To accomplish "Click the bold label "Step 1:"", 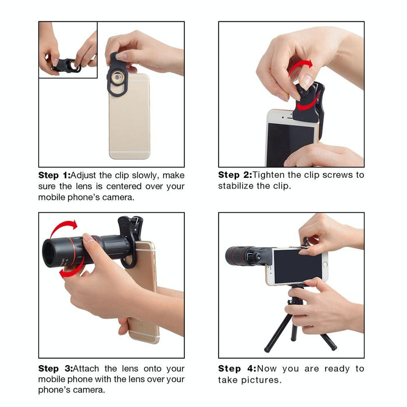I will coord(53,175).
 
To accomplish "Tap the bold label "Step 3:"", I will coord(54,369).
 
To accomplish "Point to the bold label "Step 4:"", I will coord(236,369).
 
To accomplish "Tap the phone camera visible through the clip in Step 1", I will coord(119,77).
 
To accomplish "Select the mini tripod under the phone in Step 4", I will coord(299,323).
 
